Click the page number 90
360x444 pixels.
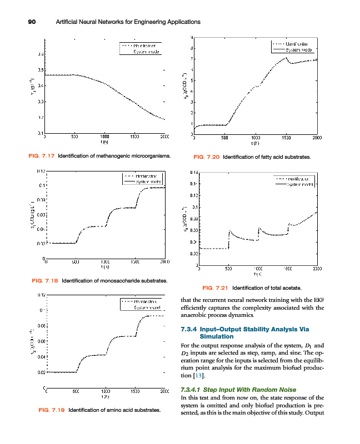click(x=32, y=22)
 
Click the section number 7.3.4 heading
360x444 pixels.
click(x=191, y=330)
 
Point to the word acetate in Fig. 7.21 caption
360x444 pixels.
click(x=291, y=287)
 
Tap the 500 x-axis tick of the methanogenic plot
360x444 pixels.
click(x=74, y=136)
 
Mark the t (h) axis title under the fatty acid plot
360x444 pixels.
click(x=254, y=143)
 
